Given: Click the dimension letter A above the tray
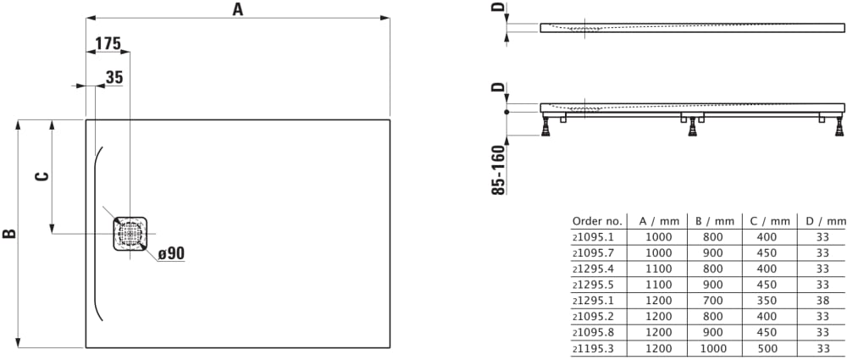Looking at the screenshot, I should click(x=237, y=9).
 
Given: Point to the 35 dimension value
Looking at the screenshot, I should click(x=114, y=77).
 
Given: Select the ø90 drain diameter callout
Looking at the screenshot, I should click(x=170, y=252).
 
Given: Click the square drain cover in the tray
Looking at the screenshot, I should click(x=130, y=233).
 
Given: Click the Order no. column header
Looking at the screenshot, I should click(x=597, y=221).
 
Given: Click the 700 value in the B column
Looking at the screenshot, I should click(x=713, y=300).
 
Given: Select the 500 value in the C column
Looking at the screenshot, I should click(x=768, y=347).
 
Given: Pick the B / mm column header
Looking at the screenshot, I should click(x=713, y=221).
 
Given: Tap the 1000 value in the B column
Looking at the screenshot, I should click(x=713, y=347).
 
